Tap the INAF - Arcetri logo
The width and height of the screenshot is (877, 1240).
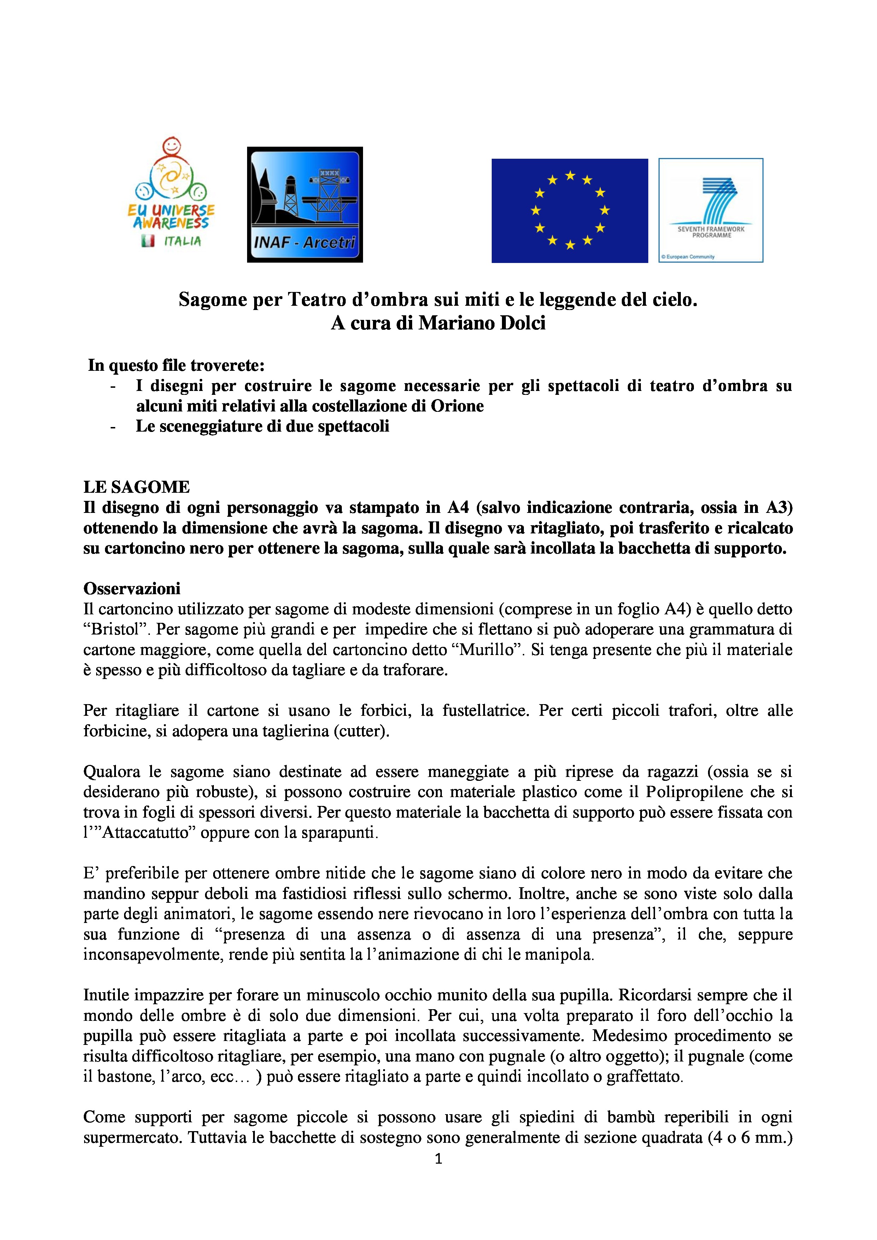point(305,205)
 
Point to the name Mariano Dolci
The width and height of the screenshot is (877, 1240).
point(482,323)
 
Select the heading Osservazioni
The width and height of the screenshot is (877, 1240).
point(132,588)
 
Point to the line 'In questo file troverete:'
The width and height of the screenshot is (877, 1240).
point(176,365)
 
